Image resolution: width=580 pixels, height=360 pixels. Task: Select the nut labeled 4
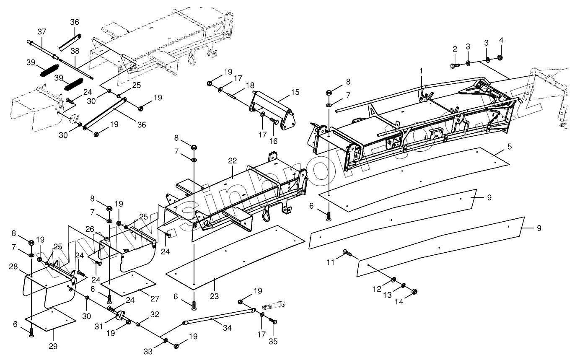click(x=500, y=58)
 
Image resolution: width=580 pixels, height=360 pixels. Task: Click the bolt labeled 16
click(x=274, y=121)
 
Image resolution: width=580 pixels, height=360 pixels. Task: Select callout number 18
click(x=251, y=85)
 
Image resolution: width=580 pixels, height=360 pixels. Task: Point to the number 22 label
click(x=233, y=161)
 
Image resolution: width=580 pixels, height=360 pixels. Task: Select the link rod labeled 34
click(x=218, y=319)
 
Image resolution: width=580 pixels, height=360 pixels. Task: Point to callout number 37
click(x=42, y=31)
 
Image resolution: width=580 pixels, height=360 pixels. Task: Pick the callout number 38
click(x=75, y=51)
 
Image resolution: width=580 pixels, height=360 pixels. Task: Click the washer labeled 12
click(x=394, y=280)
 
